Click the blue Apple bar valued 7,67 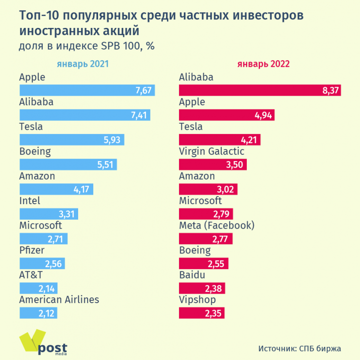click(87, 90)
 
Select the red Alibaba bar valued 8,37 click(260, 90)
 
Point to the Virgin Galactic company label click(212, 151)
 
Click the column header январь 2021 click(83, 64)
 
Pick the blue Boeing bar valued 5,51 click(68, 164)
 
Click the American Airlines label click(59, 299)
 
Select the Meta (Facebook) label click(216, 225)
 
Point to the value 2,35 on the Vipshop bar click(213, 313)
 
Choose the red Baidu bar click(202, 288)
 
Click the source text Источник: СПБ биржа click(299, 349)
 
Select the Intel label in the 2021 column click(29, 201)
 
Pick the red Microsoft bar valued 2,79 click(206, 214)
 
